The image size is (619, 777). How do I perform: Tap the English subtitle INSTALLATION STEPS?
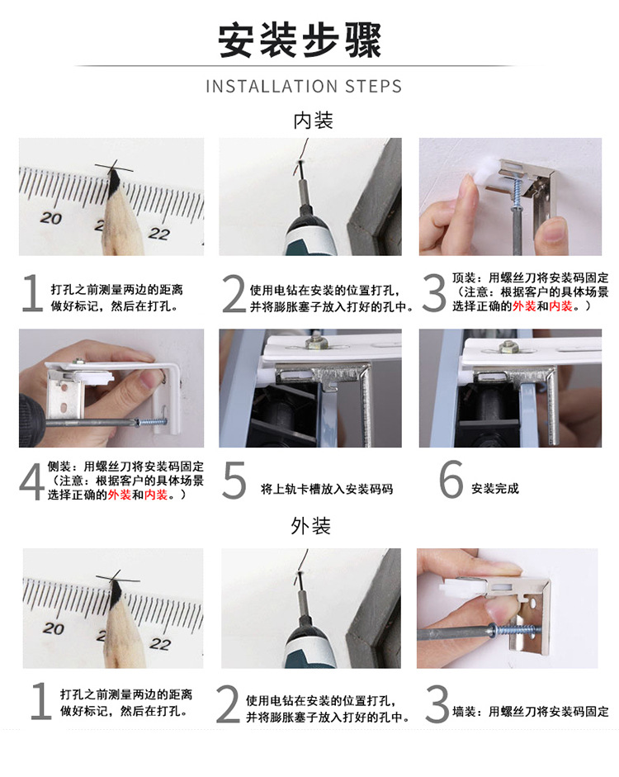click(x=304, y=87)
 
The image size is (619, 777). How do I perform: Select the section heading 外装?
click(x=310, y=525)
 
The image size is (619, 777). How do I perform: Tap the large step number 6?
click(x=451, y=481)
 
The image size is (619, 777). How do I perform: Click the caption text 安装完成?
click(x=495, y=489)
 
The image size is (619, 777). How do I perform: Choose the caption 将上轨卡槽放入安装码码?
click(x=327, y=489)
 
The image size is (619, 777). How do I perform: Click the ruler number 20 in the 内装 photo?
click(x=51, y=218)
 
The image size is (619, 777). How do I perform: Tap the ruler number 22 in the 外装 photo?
click(x=159, y=643)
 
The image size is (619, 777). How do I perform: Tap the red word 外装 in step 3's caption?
click(x=523, y=306)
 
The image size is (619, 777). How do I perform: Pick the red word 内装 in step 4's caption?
click(x=156, y=495)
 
